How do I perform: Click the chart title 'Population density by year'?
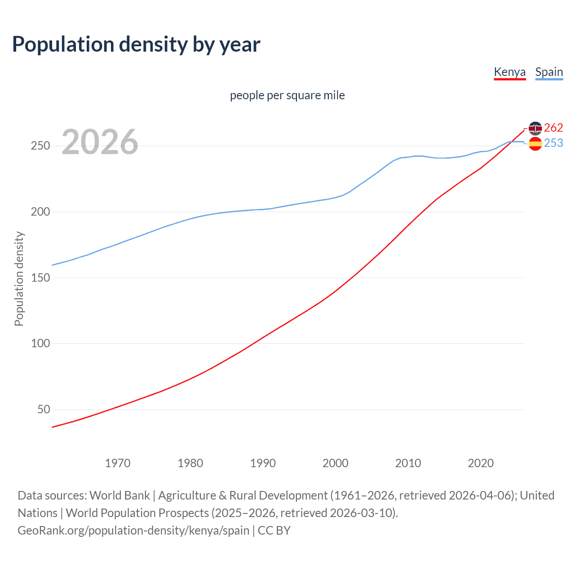pos(136,44)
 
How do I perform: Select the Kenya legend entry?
pos(509,72)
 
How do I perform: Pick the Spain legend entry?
pos(549,72)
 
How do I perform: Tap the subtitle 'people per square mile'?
pos(287,95)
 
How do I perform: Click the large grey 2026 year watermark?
pos(100,142)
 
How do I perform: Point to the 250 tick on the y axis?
pos(40,146)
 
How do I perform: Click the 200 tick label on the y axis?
pos(40,212)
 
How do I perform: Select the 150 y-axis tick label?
pos(40,278)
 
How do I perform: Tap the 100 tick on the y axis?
pos(40,344)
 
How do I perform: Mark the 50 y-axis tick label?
pos(44,409)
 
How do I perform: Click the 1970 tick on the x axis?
pos(118,463)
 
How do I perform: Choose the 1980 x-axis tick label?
pos(190,463)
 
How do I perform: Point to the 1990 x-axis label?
pos(263,463)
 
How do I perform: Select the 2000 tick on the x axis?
pos(336,463)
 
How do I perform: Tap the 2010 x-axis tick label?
pos(408,463)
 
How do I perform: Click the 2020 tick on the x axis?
pos(481,463)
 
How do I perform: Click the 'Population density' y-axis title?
pos(19,279)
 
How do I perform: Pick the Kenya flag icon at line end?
pos(535,128)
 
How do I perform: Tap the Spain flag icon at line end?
pos(535,144)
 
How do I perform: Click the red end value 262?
pos(553,128)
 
